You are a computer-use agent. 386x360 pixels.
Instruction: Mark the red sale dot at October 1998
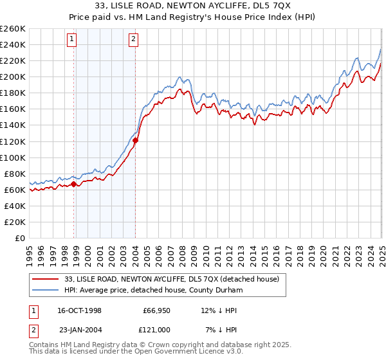(x=74, y=184)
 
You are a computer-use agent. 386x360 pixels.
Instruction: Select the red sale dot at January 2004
(x=136, y=140)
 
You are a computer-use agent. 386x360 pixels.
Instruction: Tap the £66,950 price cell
(x=154, y=310)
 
